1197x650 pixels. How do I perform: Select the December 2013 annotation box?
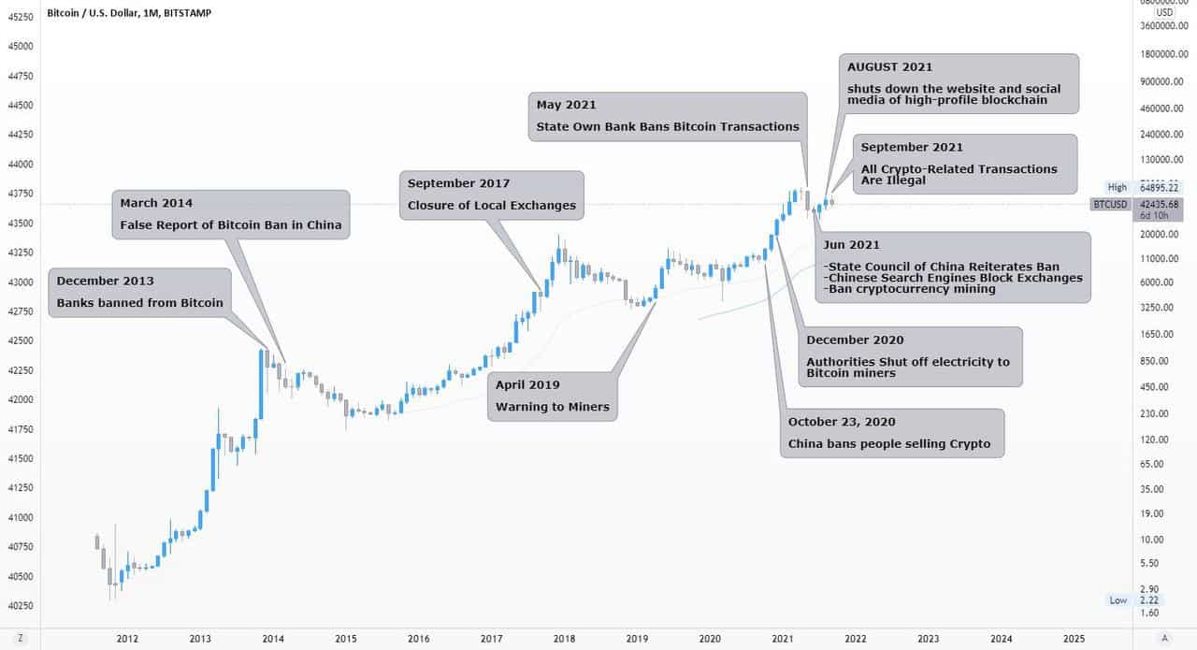pyautogui.click(x=139, y=292)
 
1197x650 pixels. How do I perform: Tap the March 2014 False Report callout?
pyautogui.click(x=231, y=214)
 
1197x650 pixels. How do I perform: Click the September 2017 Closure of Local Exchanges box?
pyautogui.click(x=492, y=195)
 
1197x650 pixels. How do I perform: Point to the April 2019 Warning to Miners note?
pyautogui.click(x=553, y=396)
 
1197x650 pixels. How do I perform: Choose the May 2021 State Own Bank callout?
pyautogui.click(x=667, y=116)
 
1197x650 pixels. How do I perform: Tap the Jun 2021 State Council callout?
pyautogui.click(x=953, y=267)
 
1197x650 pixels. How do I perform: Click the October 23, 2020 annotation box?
pyautogui.click(x=891, y=433)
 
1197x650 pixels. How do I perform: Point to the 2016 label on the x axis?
pyautogui.click(x=419, y=638)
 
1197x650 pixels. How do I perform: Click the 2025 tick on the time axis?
pyautogui.click(x=1074, y=638)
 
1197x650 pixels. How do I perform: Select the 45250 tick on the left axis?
pyautogui.click(x=20, y=16)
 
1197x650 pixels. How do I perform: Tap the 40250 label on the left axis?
pyautogui.click(x=20, y=605)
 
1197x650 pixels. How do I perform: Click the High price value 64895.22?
pyautogui.click(x=1159, y=187)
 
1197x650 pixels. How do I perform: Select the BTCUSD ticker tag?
pyautogui.click(x=1110, y=203)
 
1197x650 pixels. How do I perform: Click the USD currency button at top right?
pyautogui.click(x=1164, y=12)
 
